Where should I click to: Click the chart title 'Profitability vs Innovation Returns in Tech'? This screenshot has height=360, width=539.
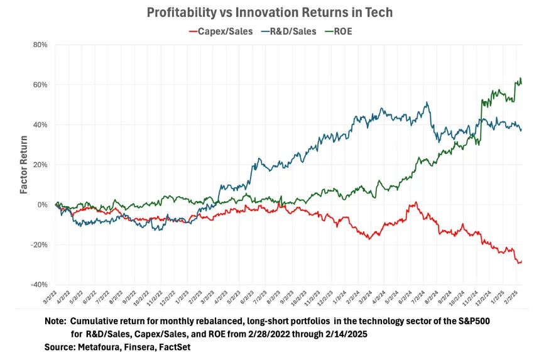[269, 13]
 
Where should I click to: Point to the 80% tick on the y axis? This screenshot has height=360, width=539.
[40, 45]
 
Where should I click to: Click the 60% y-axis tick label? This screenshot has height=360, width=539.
[40, 85]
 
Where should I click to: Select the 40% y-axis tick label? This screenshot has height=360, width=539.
[40, 124]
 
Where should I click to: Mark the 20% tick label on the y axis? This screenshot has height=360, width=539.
[40, 165]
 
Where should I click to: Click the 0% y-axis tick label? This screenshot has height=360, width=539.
[42, 205]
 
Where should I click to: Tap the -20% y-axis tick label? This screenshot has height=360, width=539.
[38, 244]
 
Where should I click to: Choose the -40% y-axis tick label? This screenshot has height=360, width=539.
[38, 285]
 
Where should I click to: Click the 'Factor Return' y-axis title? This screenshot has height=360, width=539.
[23, 165]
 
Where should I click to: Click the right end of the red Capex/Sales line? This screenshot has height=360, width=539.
[521, 261]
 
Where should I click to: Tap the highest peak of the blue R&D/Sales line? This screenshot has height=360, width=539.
[427, 102]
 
